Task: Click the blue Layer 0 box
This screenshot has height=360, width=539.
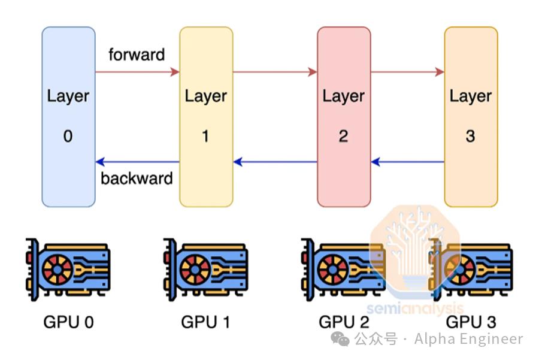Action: (x=68, y=117)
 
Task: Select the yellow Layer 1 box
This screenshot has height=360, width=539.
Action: (x=206, y=117)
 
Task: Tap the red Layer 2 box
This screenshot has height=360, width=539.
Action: (x=343, y=117)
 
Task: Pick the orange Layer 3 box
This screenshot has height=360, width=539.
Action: (x=471, y=117)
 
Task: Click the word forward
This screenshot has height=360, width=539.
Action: (x=137, y=55)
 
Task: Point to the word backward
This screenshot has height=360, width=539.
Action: (x=137, y=179)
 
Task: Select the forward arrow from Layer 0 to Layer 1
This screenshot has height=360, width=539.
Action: (x=137, y=72)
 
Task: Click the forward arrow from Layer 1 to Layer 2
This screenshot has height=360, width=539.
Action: (x=275, y=72)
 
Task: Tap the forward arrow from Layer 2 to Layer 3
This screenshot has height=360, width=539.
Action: (x=407, y=72)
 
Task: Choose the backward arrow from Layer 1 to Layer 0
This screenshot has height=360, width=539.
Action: (x=137, y=162)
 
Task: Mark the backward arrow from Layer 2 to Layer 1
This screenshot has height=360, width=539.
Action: (x=275, y=162)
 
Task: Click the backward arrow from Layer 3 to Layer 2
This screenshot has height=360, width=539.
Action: (x=407, y=162)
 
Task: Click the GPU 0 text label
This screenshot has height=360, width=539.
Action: (x=68, y=322)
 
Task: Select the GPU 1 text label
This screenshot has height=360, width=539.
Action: (x=205, y=322)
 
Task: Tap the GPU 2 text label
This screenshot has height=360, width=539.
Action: (x=343, y=322)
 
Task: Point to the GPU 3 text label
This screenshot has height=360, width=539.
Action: (x=471, y=322)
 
